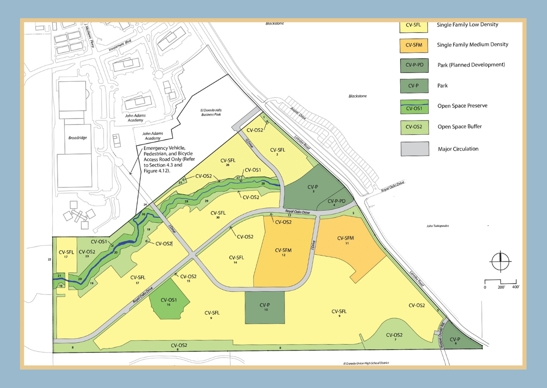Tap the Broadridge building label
tap(75, 137)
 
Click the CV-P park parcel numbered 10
tap(265, 308)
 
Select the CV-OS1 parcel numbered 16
tap(168, 303)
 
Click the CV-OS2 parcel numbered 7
tap(394, 336)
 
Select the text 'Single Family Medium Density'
tap(472, 44)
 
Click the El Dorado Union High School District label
tap(364, 363)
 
